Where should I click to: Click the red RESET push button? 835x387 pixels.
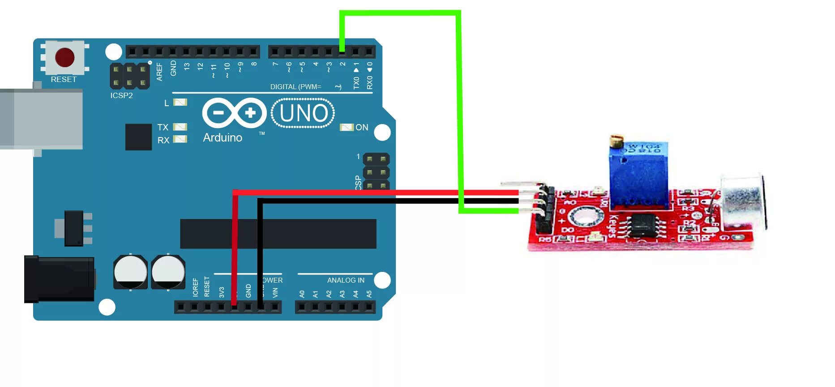pos(64,58)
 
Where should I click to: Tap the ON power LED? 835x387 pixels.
pos(347,127)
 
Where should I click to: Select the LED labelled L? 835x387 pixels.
pos(180,103)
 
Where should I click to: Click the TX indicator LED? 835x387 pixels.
pos(180,127)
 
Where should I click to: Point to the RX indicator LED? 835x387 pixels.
pos(180,139)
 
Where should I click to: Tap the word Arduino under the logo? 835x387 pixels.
pos(223,138)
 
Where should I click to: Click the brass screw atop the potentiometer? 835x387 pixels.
pos(616,141)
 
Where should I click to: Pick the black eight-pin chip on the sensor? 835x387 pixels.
pos(644,225)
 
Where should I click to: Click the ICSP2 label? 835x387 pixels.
pos(121,95)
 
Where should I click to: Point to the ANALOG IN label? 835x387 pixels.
pos(345,280)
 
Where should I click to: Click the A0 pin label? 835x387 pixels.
pos(302,294)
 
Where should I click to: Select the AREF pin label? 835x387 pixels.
pos(159,72)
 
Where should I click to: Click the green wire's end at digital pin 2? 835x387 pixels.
pos(342,50)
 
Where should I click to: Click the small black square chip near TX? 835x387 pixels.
pos(138,137)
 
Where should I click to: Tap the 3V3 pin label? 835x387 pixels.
pos(221,292)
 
